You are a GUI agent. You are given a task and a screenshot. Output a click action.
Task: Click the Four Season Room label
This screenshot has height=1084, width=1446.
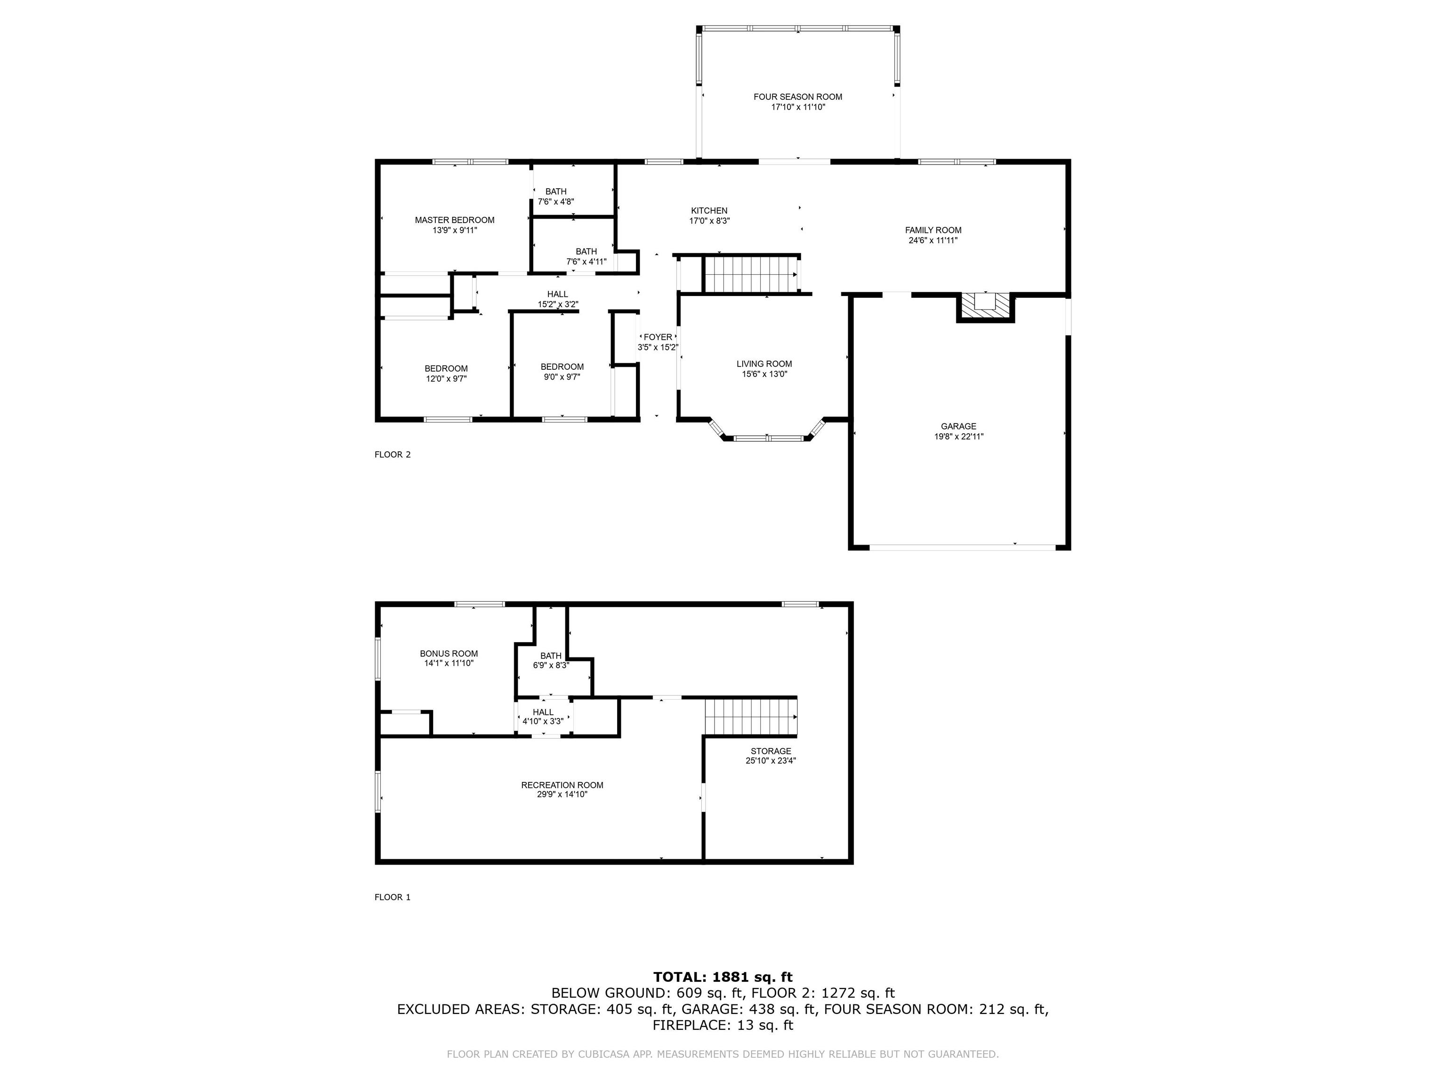coord(797,97)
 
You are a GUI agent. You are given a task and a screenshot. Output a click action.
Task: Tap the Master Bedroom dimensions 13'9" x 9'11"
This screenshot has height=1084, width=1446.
coord(454,231)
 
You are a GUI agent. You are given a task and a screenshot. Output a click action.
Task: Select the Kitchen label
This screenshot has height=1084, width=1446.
coord(709,210)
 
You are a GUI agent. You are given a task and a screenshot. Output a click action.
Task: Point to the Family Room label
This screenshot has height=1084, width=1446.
coord(933,230)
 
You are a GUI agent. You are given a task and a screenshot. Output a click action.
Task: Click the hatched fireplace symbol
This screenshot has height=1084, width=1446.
coord(985,306)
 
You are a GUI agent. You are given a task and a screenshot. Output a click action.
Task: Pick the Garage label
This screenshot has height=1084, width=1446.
coord(958,426)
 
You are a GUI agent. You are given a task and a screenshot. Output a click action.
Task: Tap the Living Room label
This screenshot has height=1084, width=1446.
coord(764,364)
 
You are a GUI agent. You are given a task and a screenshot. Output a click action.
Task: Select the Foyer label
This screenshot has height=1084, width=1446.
coord(658,337)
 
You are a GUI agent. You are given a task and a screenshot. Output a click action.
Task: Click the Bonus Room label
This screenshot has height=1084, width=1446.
coord(449,654)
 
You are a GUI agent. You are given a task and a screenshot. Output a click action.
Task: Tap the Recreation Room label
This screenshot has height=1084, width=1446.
coord(562,785)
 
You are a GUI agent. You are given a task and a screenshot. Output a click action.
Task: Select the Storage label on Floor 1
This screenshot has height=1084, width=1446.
coord(771,751)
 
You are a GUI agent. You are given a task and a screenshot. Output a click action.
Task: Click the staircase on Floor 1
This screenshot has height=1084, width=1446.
coord(750,717)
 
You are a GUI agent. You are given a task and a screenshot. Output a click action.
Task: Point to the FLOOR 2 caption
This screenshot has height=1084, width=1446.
coord(392,455)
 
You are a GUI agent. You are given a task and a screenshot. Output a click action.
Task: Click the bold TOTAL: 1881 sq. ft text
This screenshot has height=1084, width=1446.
coord(723,977)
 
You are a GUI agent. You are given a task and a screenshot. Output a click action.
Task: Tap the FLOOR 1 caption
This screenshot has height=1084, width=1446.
coord(392,897)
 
